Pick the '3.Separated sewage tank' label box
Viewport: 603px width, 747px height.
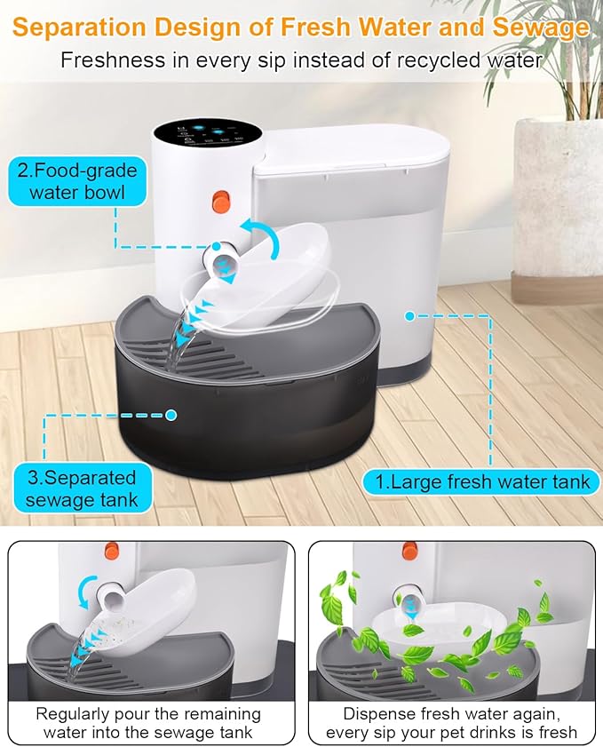click(x=81, y=488)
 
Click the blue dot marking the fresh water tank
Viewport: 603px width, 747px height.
click(x=410, y=314)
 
